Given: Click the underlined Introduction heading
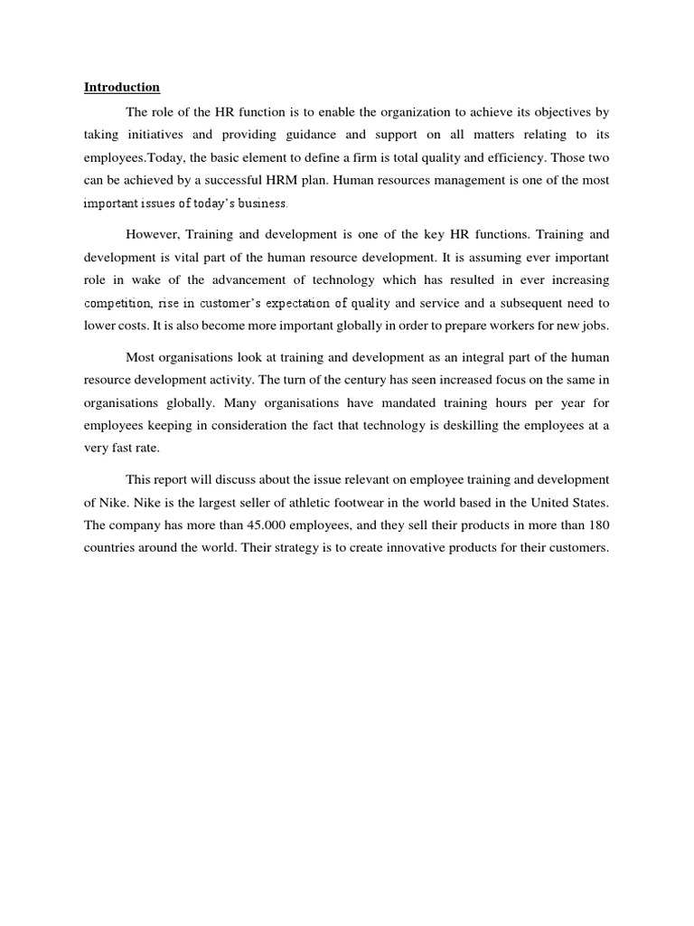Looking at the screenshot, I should pos(122,88).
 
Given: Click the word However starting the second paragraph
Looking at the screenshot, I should pos(152,235).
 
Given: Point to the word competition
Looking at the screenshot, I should pos(115,304).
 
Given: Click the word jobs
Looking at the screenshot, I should pos(597,326).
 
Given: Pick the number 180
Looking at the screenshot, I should pos(597,524).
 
